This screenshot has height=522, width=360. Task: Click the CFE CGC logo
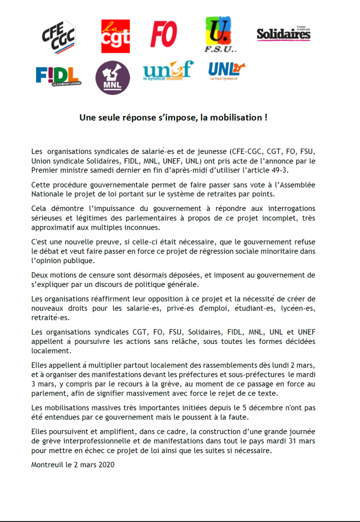click(x=59, y=36)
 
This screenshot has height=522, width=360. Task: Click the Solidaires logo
click(x=284, y=34)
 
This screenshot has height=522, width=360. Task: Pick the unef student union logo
click(x=168, y=73)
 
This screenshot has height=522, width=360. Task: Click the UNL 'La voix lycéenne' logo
click(x=226, y=71)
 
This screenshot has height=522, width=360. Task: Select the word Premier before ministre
click(x=44, y=170)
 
